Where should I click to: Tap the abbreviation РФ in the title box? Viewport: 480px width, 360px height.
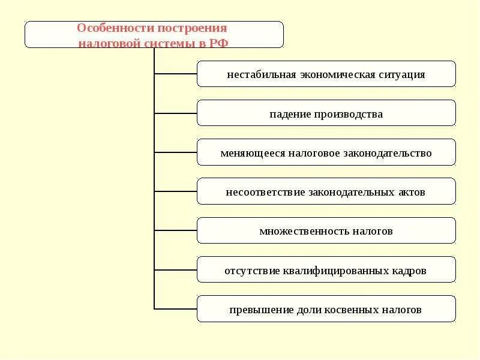click(219, 43)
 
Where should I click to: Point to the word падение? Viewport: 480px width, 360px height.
click(290, 114)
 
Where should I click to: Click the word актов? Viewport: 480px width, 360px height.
click(410, 193)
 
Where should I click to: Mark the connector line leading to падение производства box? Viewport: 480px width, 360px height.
click(176, 113)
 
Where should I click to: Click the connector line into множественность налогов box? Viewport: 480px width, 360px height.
click(176, 230)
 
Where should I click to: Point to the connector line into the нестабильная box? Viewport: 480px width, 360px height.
click(176, 74)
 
